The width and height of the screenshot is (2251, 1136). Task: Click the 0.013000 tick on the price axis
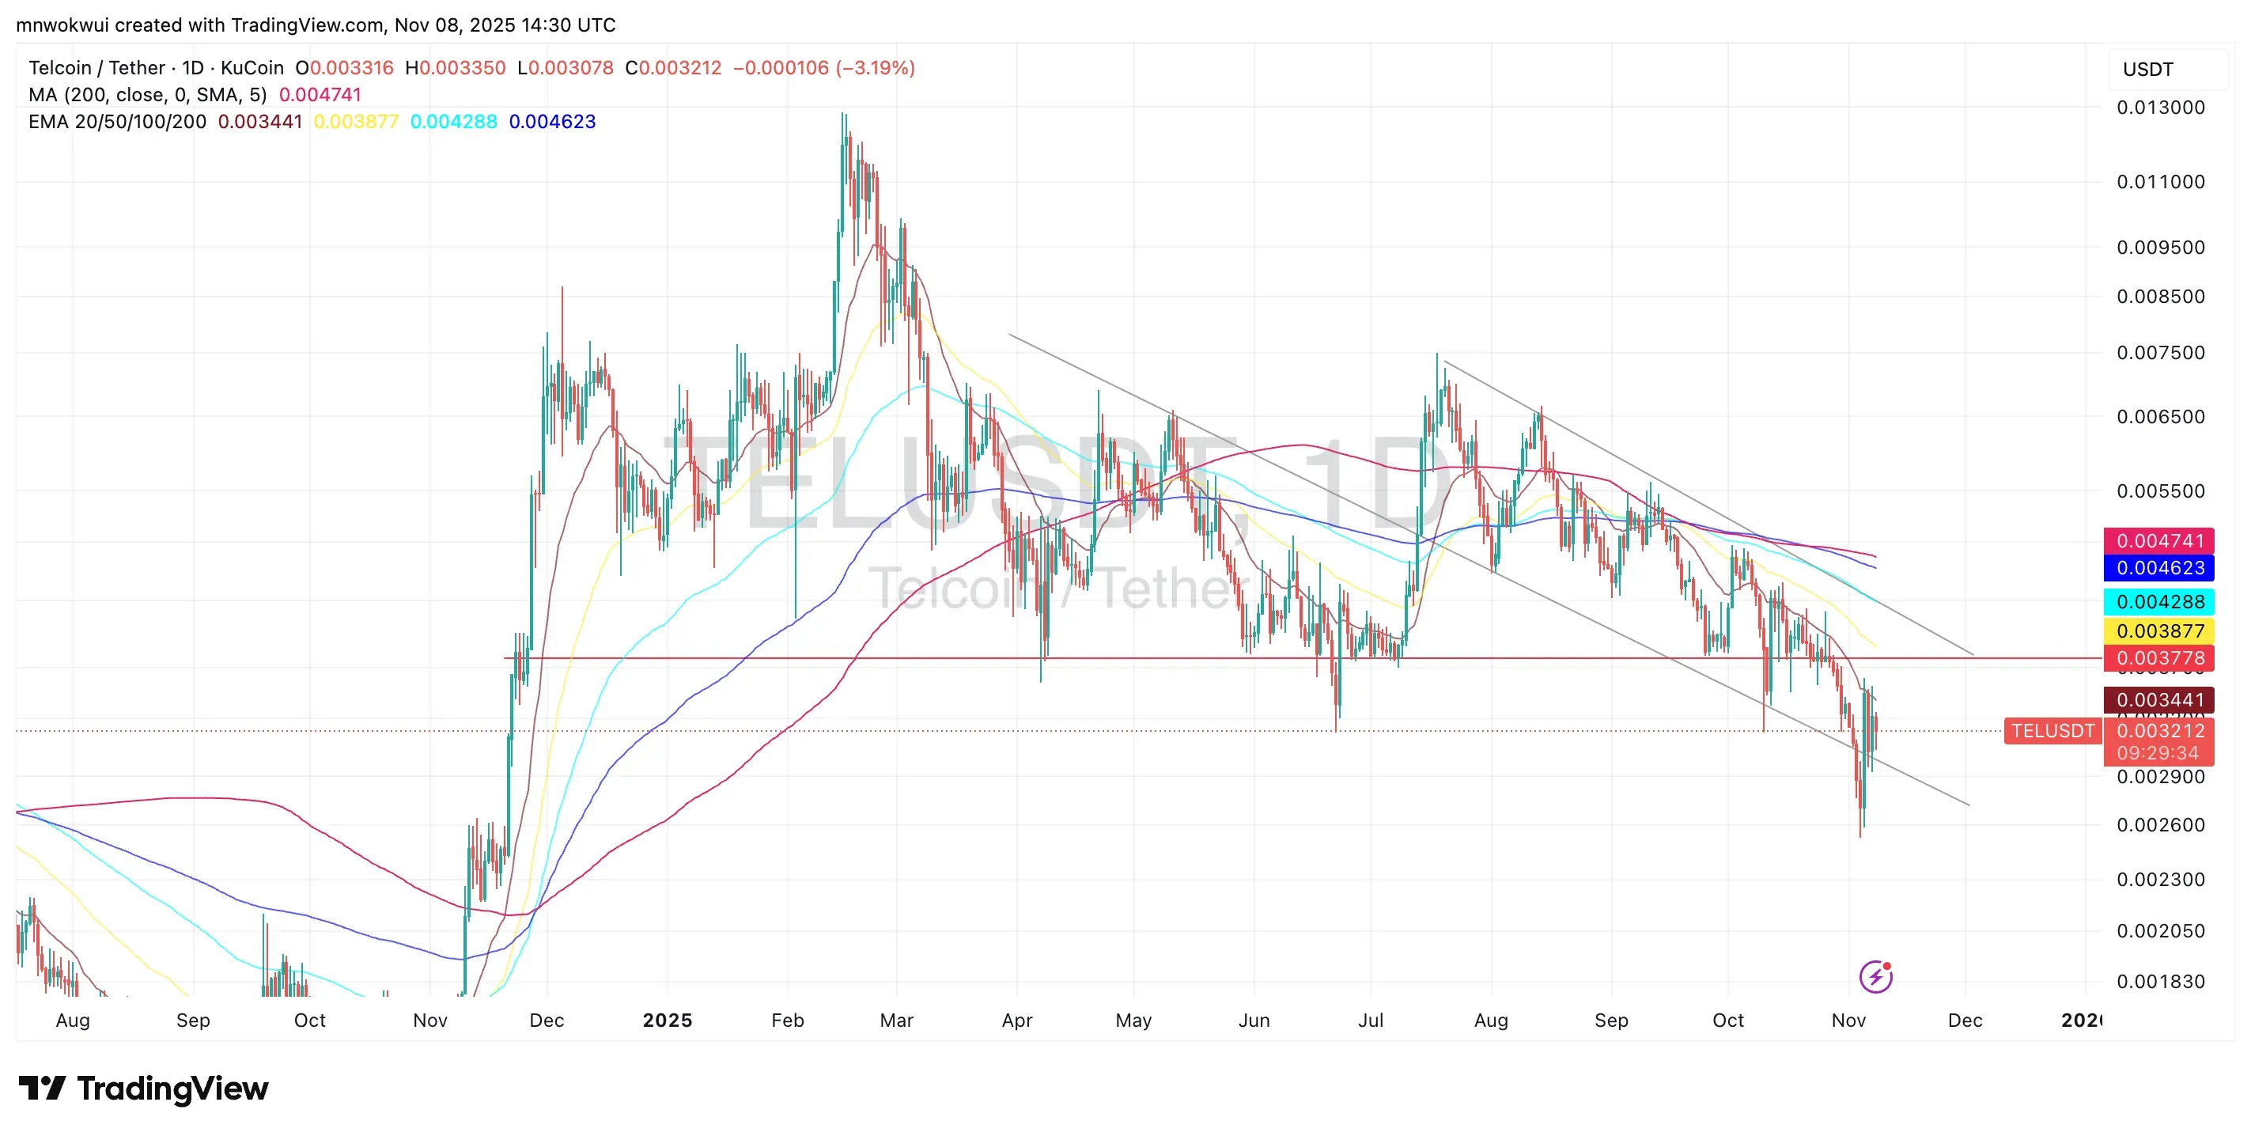tap(2160, 108)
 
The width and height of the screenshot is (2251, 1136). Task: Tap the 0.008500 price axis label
tap(2160, 296)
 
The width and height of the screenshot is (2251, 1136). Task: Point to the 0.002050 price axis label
tap(2160, 930)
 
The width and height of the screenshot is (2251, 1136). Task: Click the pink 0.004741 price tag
tap(2158, 541)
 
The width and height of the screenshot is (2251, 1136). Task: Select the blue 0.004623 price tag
tap(2158, 568)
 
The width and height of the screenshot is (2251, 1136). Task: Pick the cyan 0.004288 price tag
tap(2158, 601)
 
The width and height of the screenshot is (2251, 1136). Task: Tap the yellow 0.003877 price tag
tap(2158, 631)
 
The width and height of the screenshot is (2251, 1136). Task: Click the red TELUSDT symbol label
tap(2052, 730)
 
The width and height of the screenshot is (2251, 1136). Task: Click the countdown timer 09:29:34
tap(2158, 753)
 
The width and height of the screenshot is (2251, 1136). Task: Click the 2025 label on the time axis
tap(667, 1021)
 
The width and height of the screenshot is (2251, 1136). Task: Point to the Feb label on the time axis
tap(787, 1021)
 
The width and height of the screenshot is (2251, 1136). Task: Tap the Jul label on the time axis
tap(1370, 1021)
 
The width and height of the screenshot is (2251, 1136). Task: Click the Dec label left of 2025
tap(547, 1021)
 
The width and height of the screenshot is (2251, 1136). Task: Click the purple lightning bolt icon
tap(1875, 977)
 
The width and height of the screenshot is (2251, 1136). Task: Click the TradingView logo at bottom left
tap(144, 1089)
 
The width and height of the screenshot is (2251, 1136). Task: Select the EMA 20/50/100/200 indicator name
tap(117, 122)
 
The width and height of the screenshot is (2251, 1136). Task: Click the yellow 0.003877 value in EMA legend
tap(356, 122)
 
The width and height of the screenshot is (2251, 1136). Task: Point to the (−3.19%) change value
tap(875, 68)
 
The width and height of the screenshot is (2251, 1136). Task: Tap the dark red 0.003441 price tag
tap(2158, 700)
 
